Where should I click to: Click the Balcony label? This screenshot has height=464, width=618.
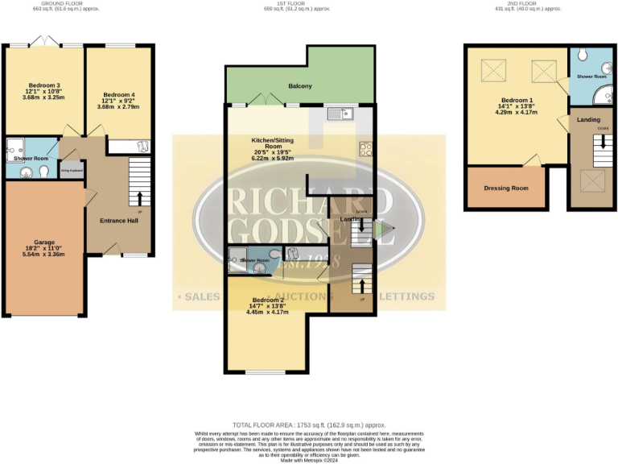pos(300,86)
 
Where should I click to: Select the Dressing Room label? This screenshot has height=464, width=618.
pos(505,188)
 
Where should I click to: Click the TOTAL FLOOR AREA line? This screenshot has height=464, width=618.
pos(309,425)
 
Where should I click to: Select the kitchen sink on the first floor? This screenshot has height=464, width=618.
pos(341,115)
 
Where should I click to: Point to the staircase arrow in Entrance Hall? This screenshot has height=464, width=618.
pos(141,197)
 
